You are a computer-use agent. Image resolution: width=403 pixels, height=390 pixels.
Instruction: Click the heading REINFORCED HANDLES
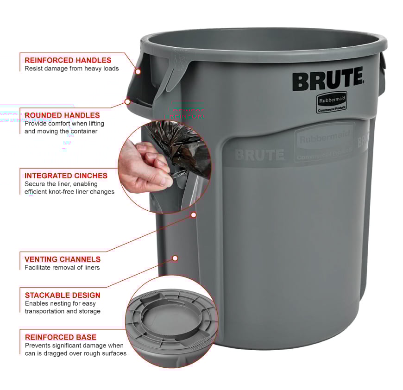(x=68, y=60)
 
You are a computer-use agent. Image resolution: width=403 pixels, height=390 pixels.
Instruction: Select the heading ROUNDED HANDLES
(x=62, y=115)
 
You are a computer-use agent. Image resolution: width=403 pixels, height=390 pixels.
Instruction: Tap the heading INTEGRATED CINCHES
(x=66, y=176)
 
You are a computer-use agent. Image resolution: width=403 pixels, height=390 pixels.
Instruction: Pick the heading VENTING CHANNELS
(x=63, y=259)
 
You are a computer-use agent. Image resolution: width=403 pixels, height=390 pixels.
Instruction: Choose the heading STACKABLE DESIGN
(x=63, y=295)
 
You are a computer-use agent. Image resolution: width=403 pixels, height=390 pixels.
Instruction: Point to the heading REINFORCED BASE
(x=61, y=337)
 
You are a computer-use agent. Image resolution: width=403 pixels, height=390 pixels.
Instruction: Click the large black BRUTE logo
(x=327, y=80)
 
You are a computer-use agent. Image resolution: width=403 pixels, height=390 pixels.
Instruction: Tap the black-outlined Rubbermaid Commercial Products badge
(x=332, y=102)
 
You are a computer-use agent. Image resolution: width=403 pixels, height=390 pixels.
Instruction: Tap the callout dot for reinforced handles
(x=138, y=71)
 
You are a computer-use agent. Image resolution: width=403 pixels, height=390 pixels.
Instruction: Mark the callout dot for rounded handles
(x=127, y=101)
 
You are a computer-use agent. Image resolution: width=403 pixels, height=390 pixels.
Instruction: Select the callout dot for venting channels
(x=175, y=258)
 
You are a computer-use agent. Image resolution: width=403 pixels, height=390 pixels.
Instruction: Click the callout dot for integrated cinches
(x=194, y=215)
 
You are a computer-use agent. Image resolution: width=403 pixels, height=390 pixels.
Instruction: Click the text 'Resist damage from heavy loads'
(x=72, y=69)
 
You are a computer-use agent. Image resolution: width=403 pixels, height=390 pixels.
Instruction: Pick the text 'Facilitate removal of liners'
(x=62, y=267)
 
